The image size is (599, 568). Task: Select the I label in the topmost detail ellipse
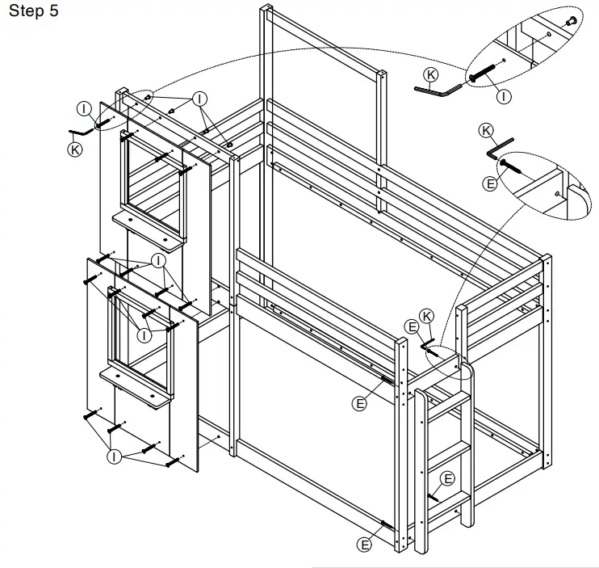(x=505, y=96)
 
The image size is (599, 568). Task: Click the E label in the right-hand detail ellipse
(x=489, y=184)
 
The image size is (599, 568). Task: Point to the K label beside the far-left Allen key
(x=74, y=149)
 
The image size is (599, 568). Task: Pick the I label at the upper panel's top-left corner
(x=83, y=107)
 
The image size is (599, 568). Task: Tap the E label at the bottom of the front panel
(x=364, y=545)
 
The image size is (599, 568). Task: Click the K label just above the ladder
(x=427, y=314)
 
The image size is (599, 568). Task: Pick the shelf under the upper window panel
(x=147, y=229)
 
